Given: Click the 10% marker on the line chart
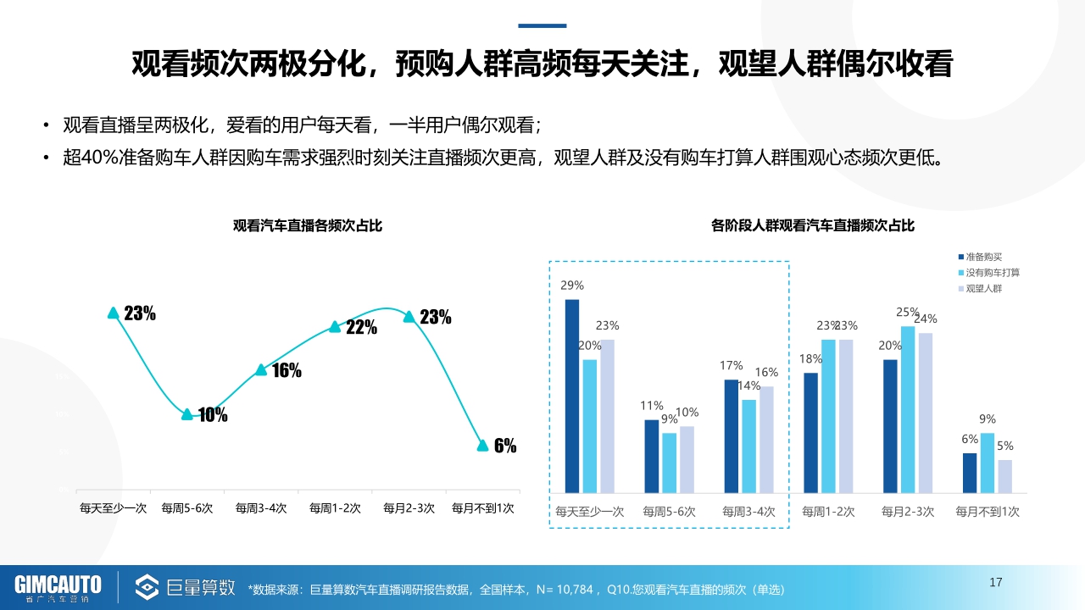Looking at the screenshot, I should tap(187, 414).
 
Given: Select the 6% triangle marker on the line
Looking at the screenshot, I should tap(482, 446).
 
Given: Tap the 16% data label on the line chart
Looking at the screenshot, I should tap(287, 370).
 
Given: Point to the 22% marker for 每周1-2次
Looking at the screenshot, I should tap(335, 327).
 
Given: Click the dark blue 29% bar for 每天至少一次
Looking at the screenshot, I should tap(572, 396).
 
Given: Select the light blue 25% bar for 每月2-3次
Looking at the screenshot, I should tap(908, 409).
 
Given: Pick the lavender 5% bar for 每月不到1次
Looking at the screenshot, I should tap(1004, 476).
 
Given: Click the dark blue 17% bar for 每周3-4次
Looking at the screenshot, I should tap(732, 435).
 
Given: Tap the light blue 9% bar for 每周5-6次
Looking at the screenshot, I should tap(670, 463).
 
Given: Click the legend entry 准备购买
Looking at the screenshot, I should tap(983, 257).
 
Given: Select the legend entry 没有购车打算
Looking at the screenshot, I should tap(992, 273).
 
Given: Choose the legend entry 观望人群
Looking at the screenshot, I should tap(983, 289).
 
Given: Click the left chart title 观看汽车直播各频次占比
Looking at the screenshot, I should tap(308, 226).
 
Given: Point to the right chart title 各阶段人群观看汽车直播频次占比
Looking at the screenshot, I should tap(813, 226).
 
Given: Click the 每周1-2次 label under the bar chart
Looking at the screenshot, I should tap(828, 512).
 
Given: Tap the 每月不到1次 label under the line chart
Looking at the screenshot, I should tap(482, 508).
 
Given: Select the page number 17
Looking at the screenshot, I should tap(996, 582).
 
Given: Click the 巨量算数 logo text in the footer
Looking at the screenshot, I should tap(201, 586).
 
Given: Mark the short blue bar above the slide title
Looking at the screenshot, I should tap(542, 25).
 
